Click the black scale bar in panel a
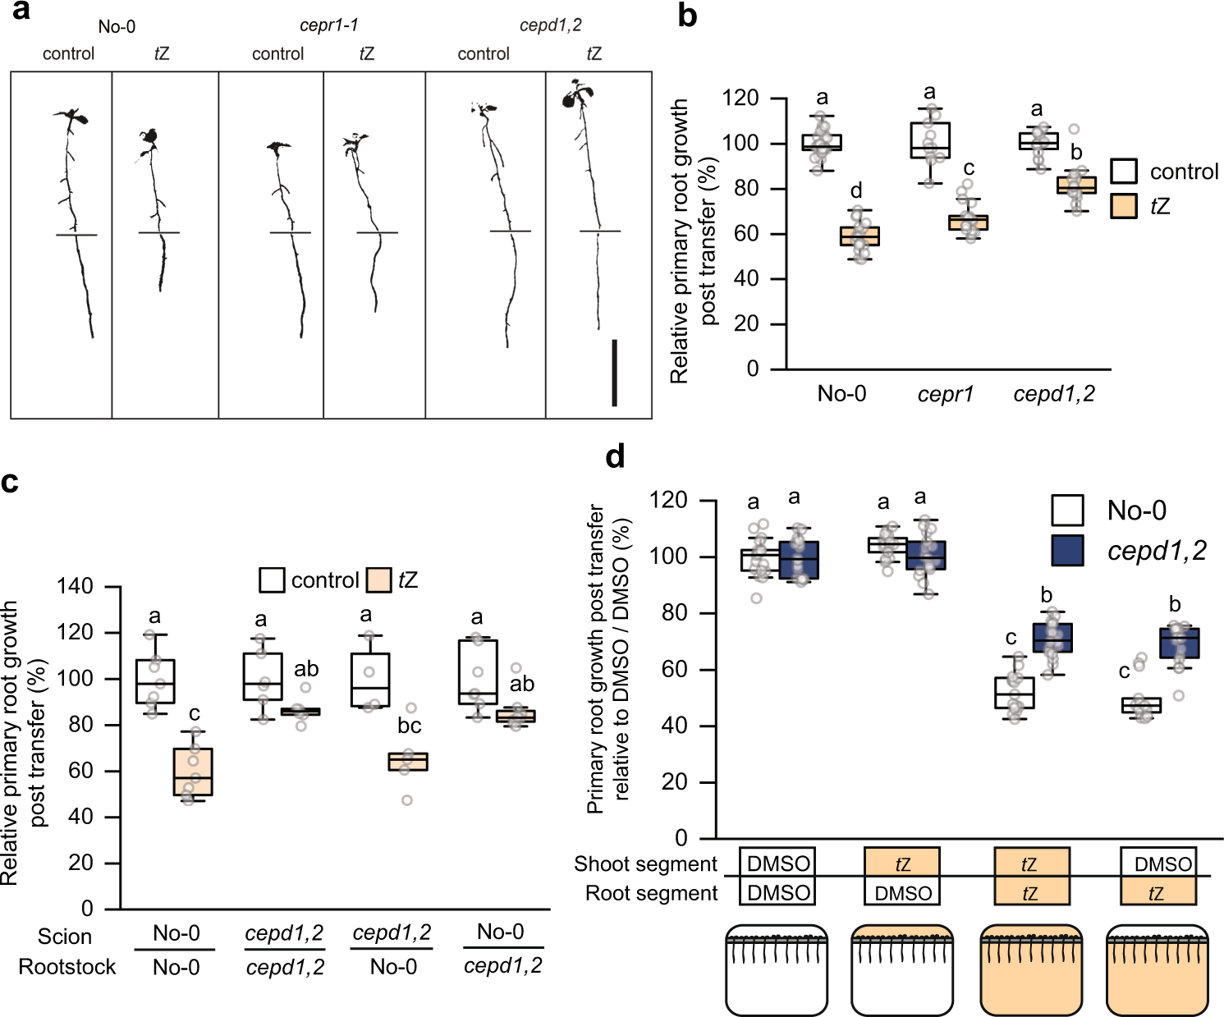(x=614, y=373)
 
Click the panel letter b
(x=688, y=16)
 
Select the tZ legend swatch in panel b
(x=1124, y=206)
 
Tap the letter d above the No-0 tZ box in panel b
(x=856, y=191)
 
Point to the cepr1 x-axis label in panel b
(x=946, y=395)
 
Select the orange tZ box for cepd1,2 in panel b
(x=1076, y=185)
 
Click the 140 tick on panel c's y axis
(x=75, y=587)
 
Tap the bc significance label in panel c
(x=409, y=726)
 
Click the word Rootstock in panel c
(x=67, y=967)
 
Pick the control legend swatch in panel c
(x=273, y=580)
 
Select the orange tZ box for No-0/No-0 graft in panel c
(x=193, y=772)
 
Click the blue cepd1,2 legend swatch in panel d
(x=1067, y=551)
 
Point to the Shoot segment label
(x=645, y=864)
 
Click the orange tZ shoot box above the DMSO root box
(x=902, y=864)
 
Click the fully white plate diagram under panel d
(x=776, y=970)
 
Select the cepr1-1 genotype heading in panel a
(x=328, y=25)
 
